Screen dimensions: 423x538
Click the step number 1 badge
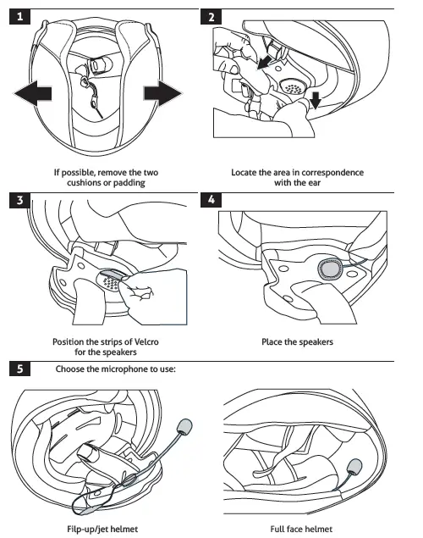(x=19, y=17)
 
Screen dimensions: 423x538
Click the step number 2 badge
(x=211, y=17)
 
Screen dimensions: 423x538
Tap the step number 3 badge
(x=19, y=200)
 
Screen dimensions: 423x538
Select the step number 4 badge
(x=211, y=200)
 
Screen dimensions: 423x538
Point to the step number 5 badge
(x=19, y=369)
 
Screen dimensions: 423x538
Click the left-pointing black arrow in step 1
(x=32, y=93)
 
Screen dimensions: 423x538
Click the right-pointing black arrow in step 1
(x=162, y=93)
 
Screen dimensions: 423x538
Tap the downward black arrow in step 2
(x=316, y=100)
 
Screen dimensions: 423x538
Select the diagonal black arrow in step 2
(x=265, y=63)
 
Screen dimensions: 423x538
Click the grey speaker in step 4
(x=330, y=269)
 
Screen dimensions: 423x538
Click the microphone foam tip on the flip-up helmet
(x=184, y=426)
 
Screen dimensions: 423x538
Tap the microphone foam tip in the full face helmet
(x=354, y=467)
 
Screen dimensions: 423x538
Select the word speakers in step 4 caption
(x=316, y=342)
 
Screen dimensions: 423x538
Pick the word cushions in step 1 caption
(x=82, y=182)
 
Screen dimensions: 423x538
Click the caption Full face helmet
(x=301, y=529)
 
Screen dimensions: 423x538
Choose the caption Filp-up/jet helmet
(x=102, y=529)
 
